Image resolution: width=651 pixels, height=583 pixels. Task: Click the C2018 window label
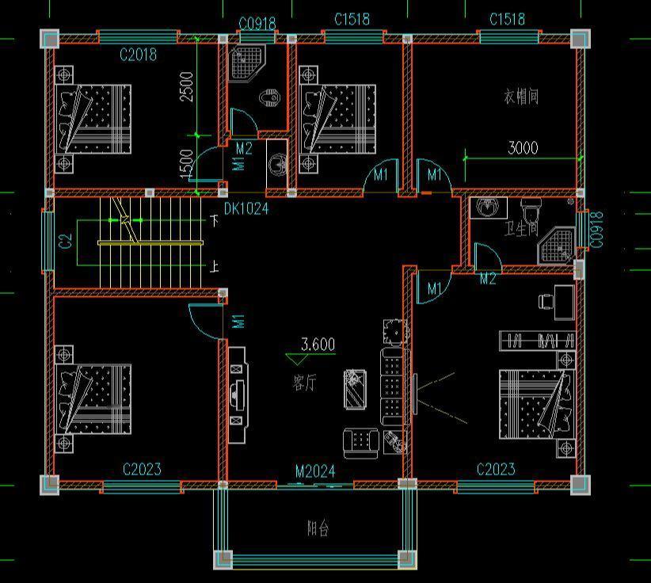[138, 55]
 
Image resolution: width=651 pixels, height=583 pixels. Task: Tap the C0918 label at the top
[257, 24]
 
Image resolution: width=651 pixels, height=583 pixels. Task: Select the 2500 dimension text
[186, 86]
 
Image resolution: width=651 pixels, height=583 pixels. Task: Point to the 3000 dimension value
[523, 148]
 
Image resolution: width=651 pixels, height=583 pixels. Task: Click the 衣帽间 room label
[521, 97]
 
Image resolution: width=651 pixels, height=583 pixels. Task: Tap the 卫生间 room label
[521, 229]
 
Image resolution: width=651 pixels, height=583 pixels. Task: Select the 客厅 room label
[304, 383]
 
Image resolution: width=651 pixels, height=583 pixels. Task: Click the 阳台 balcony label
[317, 528]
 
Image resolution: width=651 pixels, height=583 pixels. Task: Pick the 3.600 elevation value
[318, 345]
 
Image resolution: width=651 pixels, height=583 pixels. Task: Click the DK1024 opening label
[246, 209]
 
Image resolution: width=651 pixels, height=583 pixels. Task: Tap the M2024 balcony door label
[315, 472]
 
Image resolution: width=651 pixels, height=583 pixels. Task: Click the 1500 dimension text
[186, 163]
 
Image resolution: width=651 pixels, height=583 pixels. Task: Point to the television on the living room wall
[236, 394]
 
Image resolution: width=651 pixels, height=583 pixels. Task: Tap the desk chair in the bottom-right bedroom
[546, 301]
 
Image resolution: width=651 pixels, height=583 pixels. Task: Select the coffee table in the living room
[356, 389]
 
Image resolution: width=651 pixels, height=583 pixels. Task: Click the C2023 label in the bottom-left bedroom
[142, 470]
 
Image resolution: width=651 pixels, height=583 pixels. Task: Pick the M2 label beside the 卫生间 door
[488, 278]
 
